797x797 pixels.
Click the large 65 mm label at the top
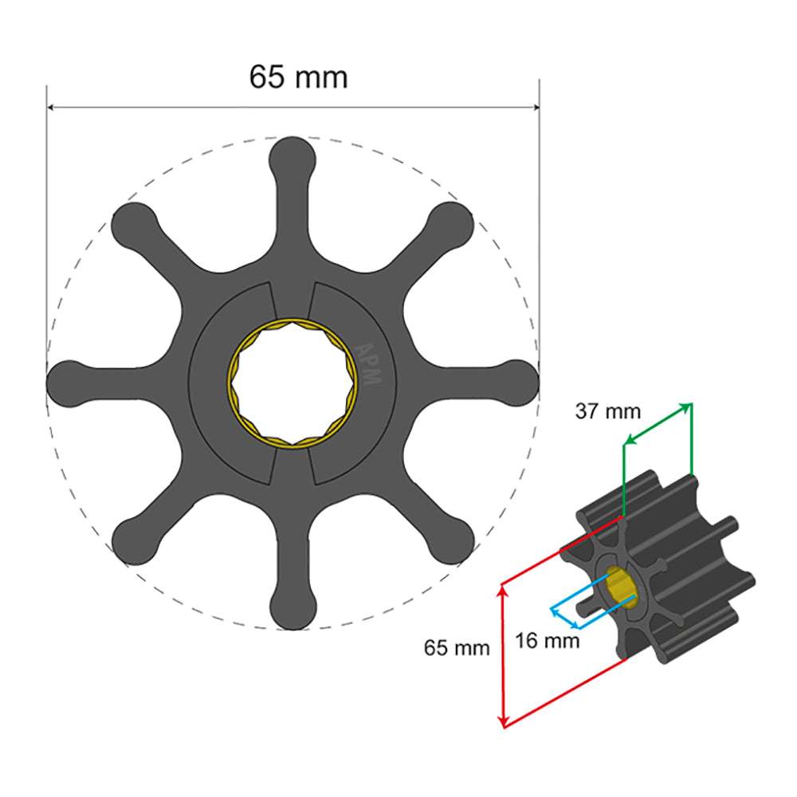click(x=298, y=77)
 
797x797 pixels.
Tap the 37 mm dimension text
click(x=608, y=411)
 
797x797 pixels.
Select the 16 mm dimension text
click(x=547, y=640)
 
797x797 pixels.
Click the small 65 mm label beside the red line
click(x=456, y=647)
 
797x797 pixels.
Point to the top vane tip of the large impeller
click(x=293, y=156)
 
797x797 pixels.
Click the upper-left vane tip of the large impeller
click(x=134, y=223)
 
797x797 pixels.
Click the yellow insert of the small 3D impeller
click(x=619, y=587)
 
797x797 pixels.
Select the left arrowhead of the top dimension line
click(x=50, y=106)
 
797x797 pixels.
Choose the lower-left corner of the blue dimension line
click(x=552, y=611)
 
